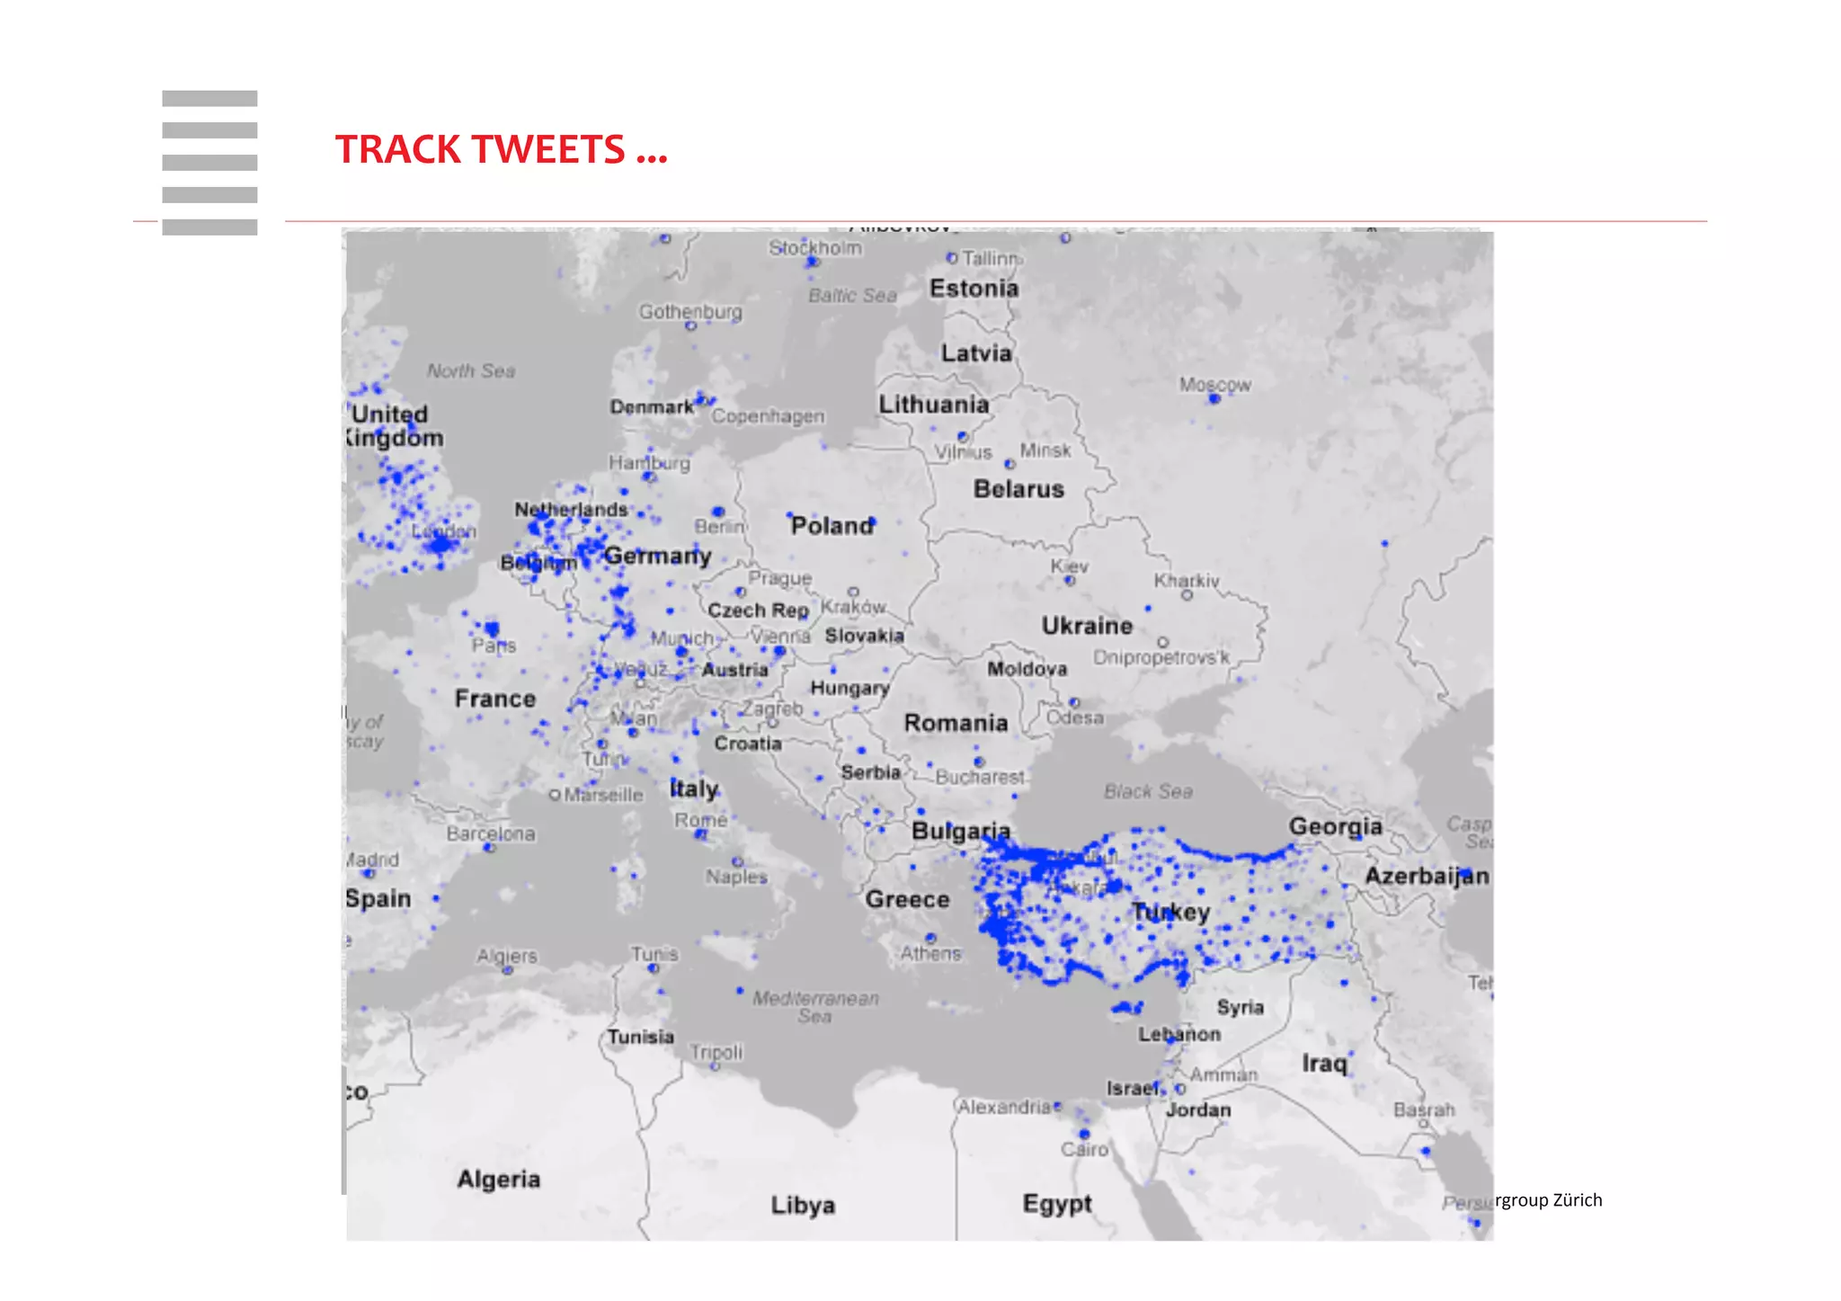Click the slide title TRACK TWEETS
(x=501, y=149)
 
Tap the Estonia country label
(x=974, y=289)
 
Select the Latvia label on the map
(x=976, y=353)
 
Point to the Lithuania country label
(x=933, y=405)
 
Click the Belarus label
(x=1018, y=489)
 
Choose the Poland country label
(x=832, y=526)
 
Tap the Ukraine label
(x=1087, y=626)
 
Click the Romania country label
(x=956, y=723)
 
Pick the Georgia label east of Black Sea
(x=1336, y=826)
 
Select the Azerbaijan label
(x=1427, y=876)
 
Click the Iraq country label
(x=1324, y=1064)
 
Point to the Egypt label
(x=1057, y=1203)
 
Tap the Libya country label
(x=803, y=1205)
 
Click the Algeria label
(x=499, y=1179)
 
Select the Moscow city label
(x=1214, y=385)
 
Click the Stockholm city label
(x=814, y=247)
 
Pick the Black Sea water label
(x=1148, y=791)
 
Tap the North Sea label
(x=471, y=370)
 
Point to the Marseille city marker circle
(x=555, y=795)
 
